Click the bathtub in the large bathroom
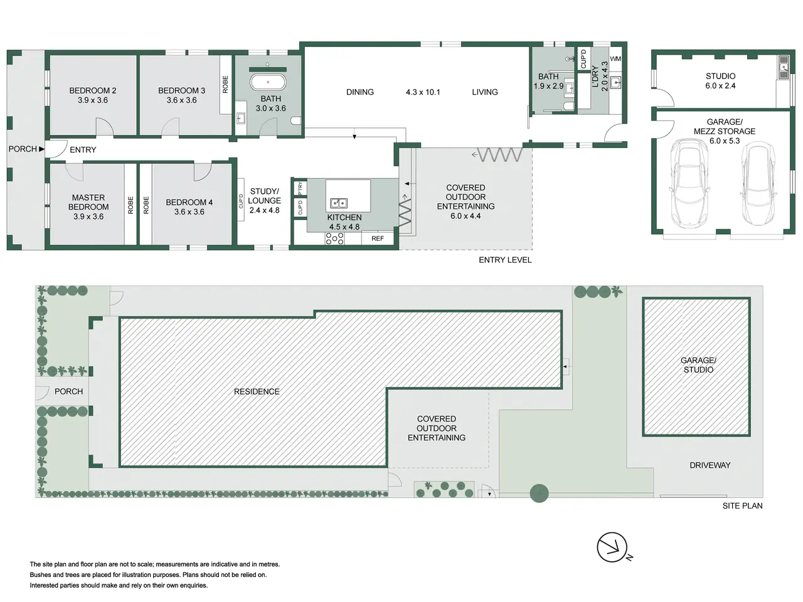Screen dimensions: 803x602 (268, 82)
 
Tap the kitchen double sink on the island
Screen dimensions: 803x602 (339, 203)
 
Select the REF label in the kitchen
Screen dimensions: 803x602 (378, 239)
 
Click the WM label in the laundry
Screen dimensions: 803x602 (615, 59)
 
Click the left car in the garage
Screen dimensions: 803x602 (688, 183)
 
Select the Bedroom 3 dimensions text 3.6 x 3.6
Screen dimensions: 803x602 (181, 100)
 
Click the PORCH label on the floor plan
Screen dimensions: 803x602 (23, 149)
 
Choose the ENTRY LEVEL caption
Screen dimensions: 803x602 (505, 260)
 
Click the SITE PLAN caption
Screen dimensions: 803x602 (742, 506)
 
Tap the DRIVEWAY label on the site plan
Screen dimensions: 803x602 (710, 465)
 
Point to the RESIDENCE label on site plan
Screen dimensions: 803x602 (257, 392)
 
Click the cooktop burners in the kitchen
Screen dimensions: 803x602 (334, 239)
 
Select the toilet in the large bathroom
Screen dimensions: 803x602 (296, 120)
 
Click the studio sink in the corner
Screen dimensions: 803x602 (783, 67)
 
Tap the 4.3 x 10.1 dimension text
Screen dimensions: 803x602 (423, 92)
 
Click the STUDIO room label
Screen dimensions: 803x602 (720, 77)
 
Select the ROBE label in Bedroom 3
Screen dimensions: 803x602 (225, 85)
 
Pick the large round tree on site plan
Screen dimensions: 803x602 (539, 493)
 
